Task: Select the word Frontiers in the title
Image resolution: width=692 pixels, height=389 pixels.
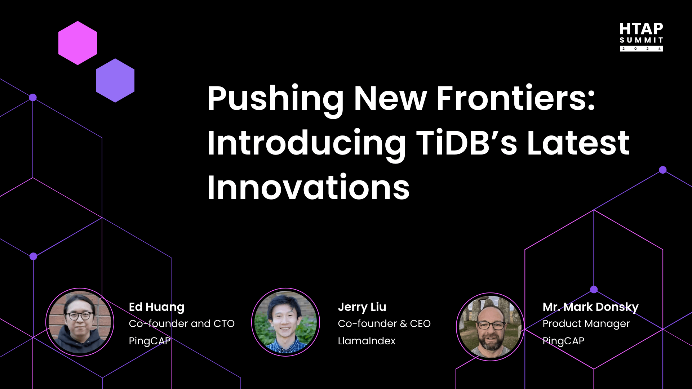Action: [x=516, y=98]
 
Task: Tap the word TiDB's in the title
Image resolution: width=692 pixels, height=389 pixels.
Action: [x=467, y=143]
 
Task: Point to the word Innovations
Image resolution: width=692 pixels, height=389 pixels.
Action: [x=309, y=187]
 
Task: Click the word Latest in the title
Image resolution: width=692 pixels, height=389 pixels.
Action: [x=578, y=143]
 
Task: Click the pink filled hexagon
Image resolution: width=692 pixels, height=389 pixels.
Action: [x=77, y=43]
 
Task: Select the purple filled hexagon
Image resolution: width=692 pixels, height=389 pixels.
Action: [x=115, y=80]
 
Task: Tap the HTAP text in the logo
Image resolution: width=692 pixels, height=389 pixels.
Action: [x=641, y=29]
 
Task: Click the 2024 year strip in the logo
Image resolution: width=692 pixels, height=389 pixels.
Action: [x=641, y=49]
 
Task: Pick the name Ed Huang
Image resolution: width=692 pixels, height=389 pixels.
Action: [x=156, y=307]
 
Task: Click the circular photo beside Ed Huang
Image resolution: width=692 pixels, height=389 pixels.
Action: [x=80, y=322]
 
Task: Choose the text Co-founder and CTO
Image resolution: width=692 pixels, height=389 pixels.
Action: [x=182, y=323]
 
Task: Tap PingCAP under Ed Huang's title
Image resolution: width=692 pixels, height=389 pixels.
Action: [x=150, y=341]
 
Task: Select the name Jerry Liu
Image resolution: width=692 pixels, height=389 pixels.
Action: [x=362, y=307]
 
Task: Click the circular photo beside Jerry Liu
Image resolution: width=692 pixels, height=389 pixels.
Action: [x=285, y=322]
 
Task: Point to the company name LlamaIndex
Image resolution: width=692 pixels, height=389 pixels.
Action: [x=367, y=341]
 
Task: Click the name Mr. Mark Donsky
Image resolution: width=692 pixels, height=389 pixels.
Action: [x=590, y=307]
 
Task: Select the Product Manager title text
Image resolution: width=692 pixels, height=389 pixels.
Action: [x=586, y=324]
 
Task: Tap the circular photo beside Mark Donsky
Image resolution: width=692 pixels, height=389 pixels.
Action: [x=490, y=327]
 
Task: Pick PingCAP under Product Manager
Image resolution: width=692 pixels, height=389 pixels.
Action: [x=563, y=341]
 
